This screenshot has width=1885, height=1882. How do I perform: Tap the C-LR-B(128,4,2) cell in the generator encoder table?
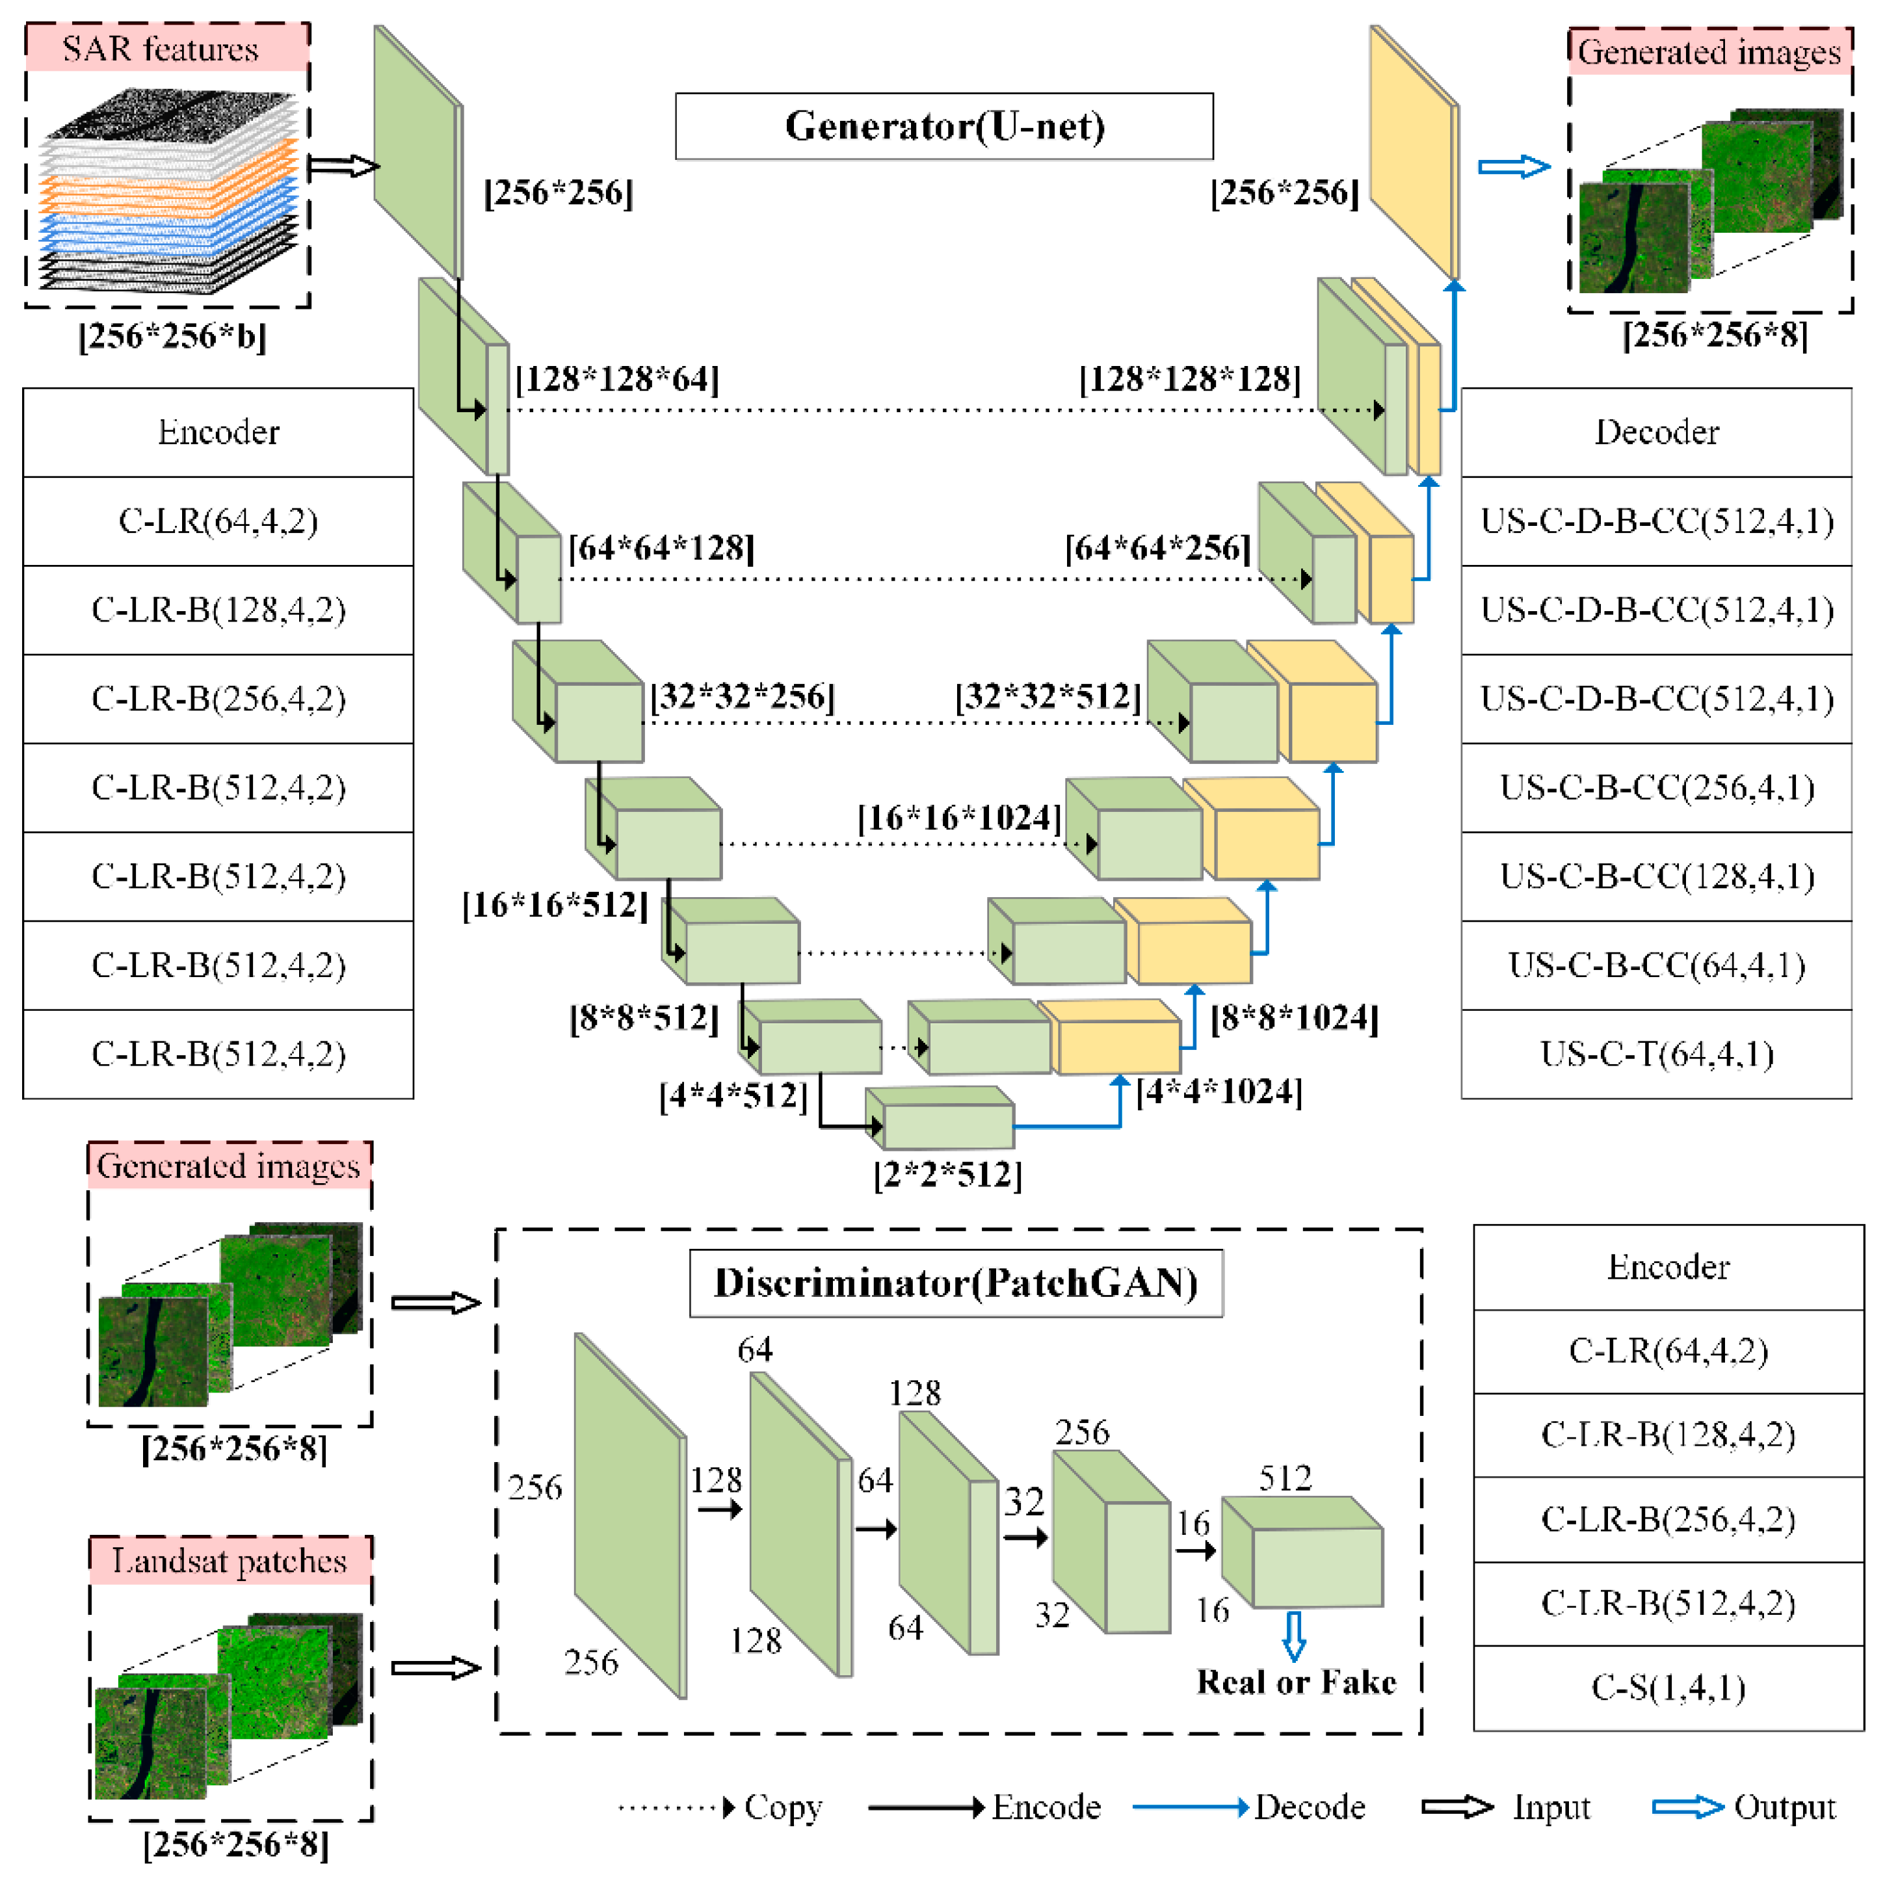pos(218,610)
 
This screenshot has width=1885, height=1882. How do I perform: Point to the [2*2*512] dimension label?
pos(947,1175)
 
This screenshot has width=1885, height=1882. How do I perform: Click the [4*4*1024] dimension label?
pos(1219,1091)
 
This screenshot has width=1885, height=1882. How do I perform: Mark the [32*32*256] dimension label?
pos(743,697)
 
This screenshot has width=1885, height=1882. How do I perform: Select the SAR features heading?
pos(161,49)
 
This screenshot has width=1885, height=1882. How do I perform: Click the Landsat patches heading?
pos(230,1561)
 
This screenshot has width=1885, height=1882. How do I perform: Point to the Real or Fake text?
pos(1296,1682)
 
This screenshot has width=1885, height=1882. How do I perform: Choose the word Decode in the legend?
pos(1310,1807)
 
